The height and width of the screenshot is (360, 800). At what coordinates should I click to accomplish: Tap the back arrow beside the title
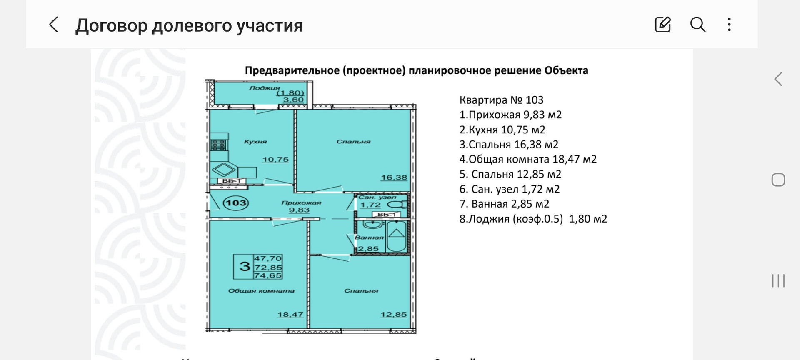click(53, 25)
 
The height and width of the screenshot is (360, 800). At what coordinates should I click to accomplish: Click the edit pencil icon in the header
click(662, 25)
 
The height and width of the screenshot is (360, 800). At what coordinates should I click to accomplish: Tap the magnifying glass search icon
click(697, 25)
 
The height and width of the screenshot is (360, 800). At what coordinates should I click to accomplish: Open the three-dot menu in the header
click(729, 25)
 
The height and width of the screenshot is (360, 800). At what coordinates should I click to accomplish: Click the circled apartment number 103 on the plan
click(236, 203)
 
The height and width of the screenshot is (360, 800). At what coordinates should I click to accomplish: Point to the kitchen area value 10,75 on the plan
click(275, 160)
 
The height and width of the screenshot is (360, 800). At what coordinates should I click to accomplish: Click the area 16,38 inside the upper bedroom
click(394, 177)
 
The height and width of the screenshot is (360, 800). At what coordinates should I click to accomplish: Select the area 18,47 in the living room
click(290, 315)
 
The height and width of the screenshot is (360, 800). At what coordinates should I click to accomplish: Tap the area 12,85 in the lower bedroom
click(393, 315)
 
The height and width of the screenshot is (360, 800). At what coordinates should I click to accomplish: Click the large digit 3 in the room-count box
click(245, 266)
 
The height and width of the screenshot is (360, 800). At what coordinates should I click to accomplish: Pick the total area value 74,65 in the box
click(268, 275)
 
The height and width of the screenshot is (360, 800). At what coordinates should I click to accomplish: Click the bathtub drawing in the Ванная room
click(396, 236)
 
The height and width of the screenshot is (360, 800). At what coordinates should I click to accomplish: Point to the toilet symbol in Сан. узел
click(398, 205)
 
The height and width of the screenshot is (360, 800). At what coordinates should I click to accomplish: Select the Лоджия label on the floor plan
click(265, 88)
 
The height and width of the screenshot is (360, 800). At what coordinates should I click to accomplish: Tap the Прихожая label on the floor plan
click(301, 203)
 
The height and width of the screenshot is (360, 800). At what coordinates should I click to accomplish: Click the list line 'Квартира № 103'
click(501, 100)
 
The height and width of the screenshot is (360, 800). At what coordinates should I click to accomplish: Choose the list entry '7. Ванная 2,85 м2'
click(504, 204)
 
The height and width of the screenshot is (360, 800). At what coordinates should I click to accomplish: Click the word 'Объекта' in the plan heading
click(566, 70)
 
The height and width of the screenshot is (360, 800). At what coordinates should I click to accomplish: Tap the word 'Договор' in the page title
click(111, 25)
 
